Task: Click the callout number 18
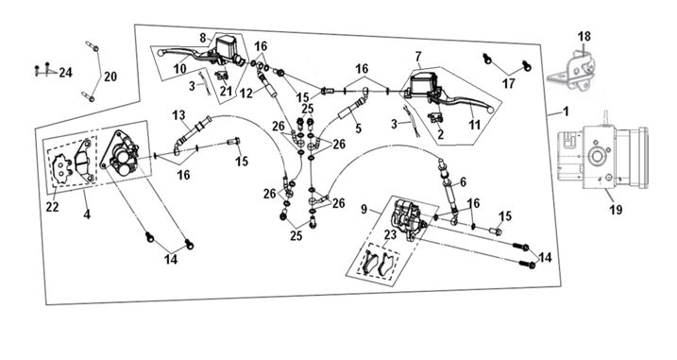coord(584,37)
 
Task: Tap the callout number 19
coord(616,210)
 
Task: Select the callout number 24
coord(65,72)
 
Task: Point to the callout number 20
coord(110,77)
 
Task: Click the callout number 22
coord(52,208)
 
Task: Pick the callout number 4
coord(87,214)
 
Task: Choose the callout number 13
coord(178,115)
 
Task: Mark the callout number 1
coord(566,111)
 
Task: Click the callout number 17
coord(509,83)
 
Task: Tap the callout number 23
coord(390,234)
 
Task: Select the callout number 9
coord(364,209)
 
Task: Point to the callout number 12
coord(246,94)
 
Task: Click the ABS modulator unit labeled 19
coord(602,157)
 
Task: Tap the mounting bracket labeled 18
coord(572,71)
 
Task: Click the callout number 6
coord(463,182)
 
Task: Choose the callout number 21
coord(226,92)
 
